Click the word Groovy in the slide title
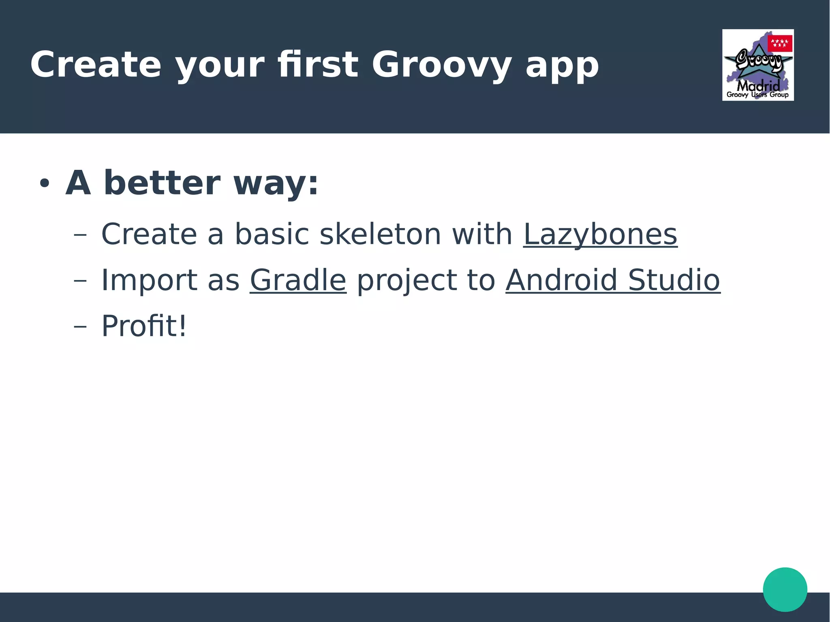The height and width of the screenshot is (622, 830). [441, 65]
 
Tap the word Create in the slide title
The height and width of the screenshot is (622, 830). [96, 65]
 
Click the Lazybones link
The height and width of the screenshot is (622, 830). [600, 235]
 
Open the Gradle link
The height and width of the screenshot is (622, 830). [298, 280]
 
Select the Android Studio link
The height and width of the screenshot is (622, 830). [613, 280]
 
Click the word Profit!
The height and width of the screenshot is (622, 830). [144, 326]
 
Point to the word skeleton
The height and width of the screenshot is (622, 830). [380, 235]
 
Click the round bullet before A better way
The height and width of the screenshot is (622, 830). [44, 184]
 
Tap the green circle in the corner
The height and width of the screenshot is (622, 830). [785, 589]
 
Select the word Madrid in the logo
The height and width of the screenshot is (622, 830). [758, 86]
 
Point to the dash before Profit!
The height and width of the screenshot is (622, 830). [80, 327]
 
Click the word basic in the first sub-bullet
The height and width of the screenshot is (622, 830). [272, 235]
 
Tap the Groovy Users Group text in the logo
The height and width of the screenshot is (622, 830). [757, 95]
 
